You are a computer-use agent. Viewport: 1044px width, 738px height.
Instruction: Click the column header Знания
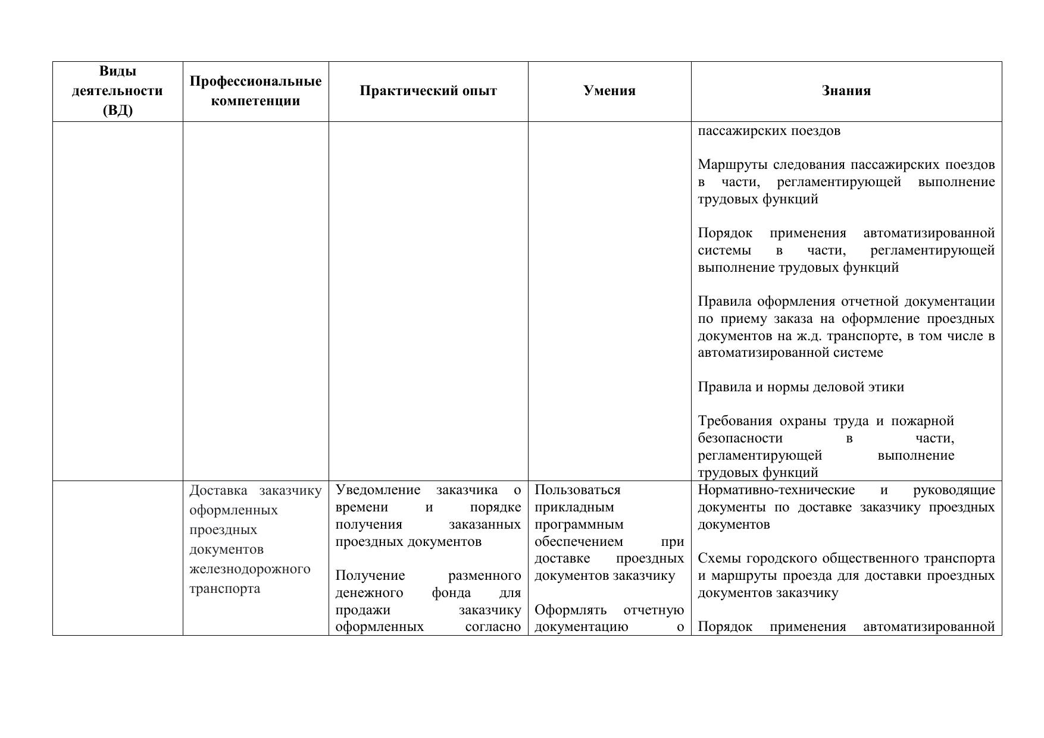pos(846,91)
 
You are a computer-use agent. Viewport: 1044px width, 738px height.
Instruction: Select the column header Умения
pos(609,91)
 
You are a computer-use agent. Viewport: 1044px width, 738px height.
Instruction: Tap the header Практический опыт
pos(428,91)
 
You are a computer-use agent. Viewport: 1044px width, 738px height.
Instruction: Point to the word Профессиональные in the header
pos(255,81)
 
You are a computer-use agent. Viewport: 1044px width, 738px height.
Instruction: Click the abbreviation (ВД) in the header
pos(117,111)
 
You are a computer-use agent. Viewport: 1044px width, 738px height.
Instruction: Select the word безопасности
pos(740,438)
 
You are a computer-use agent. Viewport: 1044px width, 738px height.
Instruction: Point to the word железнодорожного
pos(250,569)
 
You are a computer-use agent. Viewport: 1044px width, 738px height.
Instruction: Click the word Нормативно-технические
pos(776,490)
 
